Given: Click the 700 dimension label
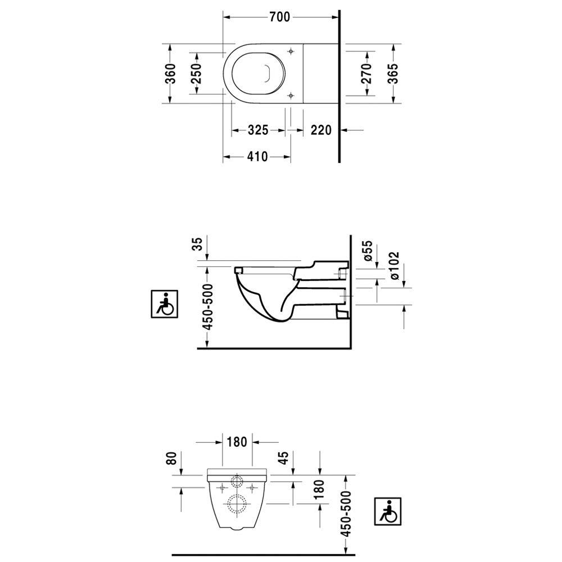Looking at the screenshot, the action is coord(280,17).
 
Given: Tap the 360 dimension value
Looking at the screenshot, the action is coord(171,74).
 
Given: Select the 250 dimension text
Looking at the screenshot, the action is coord(196,74).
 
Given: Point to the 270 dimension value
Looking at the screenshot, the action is coord(366,74).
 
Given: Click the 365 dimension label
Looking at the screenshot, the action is coord(393,74).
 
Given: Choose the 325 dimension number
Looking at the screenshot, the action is coord(258,130).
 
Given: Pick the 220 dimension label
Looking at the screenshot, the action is coord(321,130).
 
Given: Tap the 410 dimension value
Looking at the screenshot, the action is coord(257,157).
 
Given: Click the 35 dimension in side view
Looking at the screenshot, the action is coord(197,244).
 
